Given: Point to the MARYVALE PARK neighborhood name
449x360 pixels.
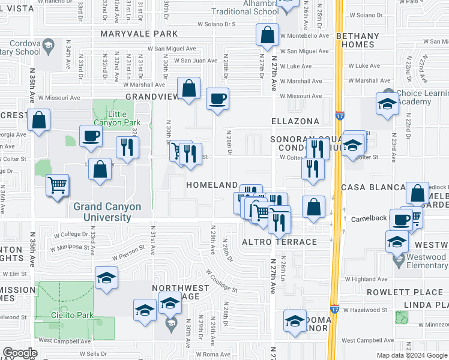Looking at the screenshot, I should pos(140,34).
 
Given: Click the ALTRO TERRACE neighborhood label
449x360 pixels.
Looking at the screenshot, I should pos(279,242).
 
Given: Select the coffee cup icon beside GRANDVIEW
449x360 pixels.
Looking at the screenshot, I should pos(217,98).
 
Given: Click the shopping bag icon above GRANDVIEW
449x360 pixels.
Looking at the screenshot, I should pos(188,89).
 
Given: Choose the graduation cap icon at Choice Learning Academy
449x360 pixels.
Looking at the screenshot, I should pos(387,103).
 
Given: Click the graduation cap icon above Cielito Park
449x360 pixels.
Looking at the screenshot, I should pos(106,278).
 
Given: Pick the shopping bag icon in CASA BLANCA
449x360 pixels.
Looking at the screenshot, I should pos(417,193).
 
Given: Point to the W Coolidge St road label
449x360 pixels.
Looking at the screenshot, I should pos(221,280).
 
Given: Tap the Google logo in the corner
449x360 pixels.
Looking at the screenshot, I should pos(20,353).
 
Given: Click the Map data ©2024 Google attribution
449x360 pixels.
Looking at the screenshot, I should pos(411,355).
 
